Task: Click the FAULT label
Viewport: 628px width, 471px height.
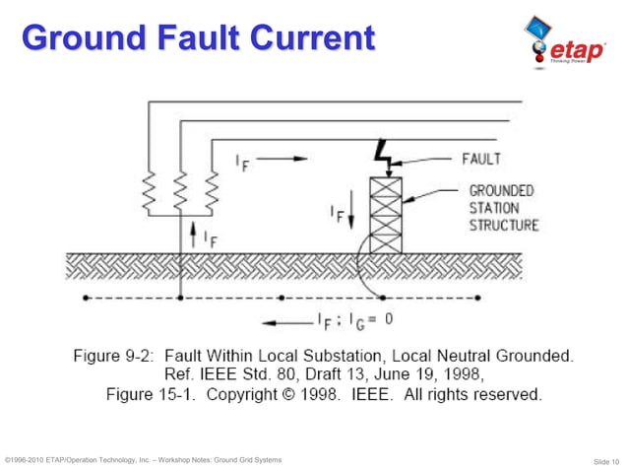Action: pyautogui.click(x=481, y=158)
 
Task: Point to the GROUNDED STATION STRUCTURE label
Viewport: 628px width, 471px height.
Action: pyautogui.click(x=503, y=207)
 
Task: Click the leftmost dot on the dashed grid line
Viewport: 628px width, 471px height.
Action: pyautogui.click(x=88, y=297)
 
